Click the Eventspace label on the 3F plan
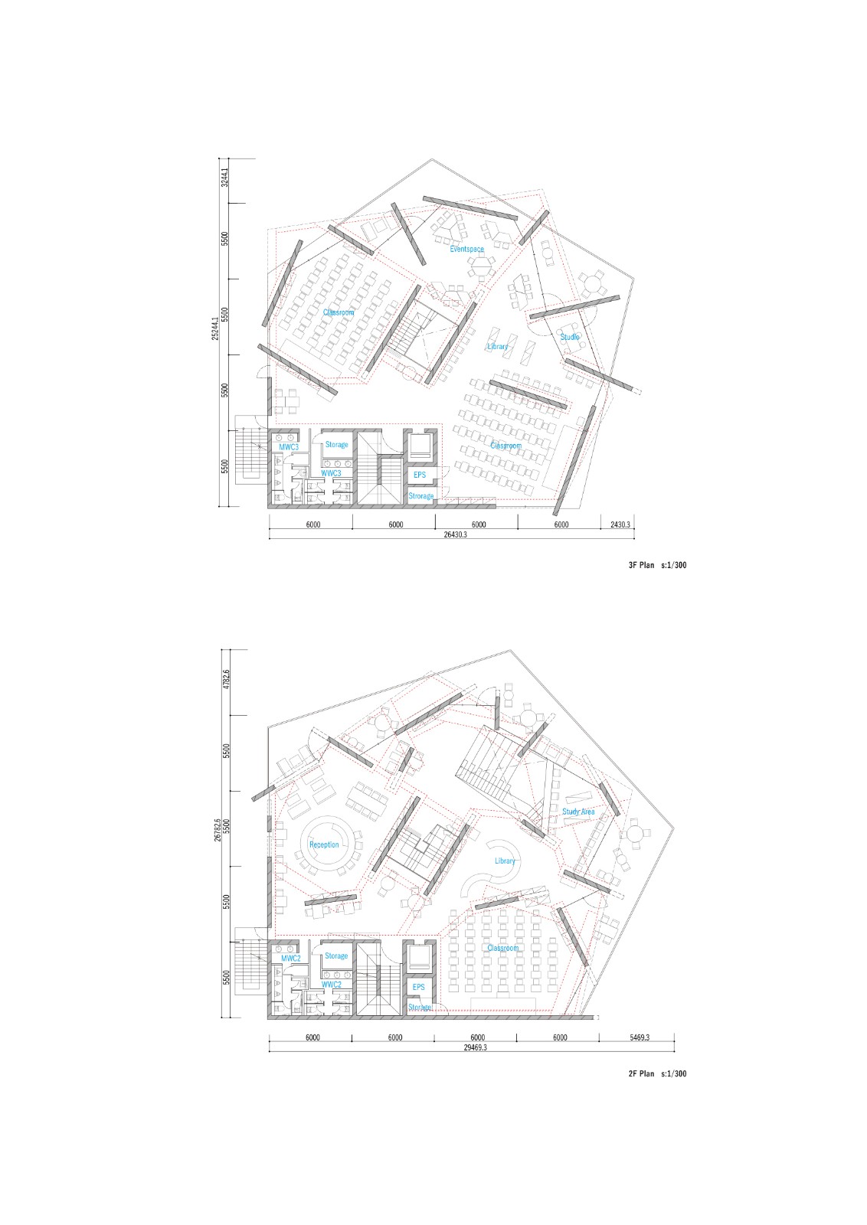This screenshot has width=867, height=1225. [x=466, y=250]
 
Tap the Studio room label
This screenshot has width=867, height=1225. [x=570, y=337]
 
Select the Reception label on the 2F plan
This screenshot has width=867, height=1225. [x=324, y=845]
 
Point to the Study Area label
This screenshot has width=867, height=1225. [x=578, y=812]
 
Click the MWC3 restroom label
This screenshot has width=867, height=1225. [x=289, y=446]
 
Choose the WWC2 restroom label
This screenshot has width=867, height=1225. [x=331, y=985]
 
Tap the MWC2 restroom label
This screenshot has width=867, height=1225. [x=290, y=959]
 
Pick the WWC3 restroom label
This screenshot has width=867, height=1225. [x=331, y=473]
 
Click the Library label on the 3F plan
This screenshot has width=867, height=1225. [x=498, y=347]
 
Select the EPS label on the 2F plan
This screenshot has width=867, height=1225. [x=419, y=988]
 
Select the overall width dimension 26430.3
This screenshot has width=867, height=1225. [x=455, y=535]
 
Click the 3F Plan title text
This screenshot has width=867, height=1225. [x=652, y=566]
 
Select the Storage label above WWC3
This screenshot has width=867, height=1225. [x=336, y=445]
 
